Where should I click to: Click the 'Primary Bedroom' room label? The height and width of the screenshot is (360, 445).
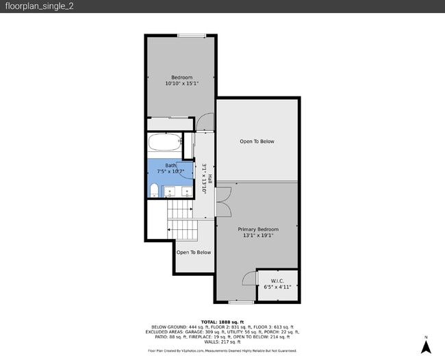[258, 229]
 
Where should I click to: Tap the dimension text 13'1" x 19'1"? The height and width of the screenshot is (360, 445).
[258, 235]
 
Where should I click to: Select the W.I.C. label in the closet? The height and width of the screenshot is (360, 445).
[277, 281]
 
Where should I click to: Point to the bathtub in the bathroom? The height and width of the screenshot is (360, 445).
[165, 144]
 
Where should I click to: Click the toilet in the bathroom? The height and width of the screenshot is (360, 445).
[154, 190]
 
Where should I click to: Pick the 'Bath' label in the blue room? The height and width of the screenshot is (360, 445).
[170, 165]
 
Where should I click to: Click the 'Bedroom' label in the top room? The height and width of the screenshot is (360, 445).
[181, 77]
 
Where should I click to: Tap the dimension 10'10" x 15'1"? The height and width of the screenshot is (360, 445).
[181, 84]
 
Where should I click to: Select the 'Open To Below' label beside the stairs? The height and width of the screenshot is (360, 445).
[194, 252]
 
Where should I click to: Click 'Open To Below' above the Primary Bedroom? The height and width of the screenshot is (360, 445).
[257, 142]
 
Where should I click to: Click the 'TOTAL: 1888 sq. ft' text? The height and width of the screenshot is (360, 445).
[222, 322]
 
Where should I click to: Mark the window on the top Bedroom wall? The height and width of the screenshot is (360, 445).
[192, 36]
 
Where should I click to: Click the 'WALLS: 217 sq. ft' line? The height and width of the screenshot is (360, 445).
[222, 342]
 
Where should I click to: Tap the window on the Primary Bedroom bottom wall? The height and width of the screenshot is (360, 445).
[241, 301]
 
